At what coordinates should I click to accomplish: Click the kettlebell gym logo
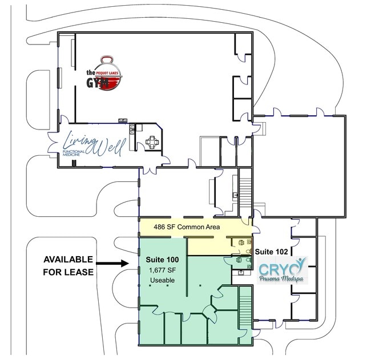click(x=104, y=73)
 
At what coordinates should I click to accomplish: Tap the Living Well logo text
click(x=94, y=144)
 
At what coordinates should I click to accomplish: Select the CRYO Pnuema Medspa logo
click(x=282, y=270)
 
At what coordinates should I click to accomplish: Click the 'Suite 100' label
click(x=162, y=260)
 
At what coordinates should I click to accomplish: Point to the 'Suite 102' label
click(x=271, y=252)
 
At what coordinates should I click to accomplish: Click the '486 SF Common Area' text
click(x=187, y=227)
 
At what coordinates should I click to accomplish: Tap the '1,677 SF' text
click(x=162, y=270)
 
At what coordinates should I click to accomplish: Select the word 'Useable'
click(x=163, y=280)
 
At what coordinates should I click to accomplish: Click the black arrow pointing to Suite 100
click(x=112, y=263)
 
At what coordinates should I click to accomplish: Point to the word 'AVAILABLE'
click(x=68, y=260)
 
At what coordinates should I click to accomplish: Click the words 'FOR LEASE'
click(x=68, y=272)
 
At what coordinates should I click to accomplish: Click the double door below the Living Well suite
click(x=150, y=171)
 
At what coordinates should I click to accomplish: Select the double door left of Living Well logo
click(x=53, y=143)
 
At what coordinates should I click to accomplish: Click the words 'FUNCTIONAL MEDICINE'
click(x=74, y=153)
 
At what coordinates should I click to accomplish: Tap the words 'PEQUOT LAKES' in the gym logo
click(x=107, y=74)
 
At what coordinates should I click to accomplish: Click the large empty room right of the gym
click(x=299, y=166)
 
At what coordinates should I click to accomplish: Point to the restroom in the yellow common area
click(x=242, y=246)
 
